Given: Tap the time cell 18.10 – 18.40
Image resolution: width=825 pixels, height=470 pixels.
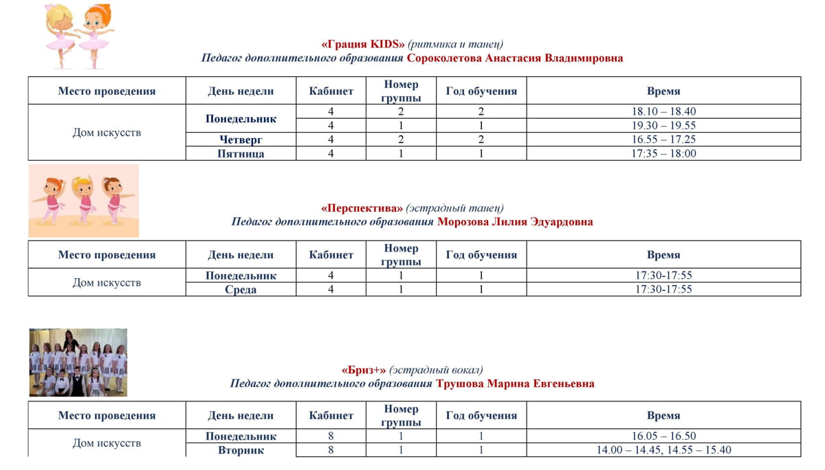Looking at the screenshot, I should (x=663, y=111).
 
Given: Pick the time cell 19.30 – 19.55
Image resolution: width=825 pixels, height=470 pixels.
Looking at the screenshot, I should (x=663, y=126).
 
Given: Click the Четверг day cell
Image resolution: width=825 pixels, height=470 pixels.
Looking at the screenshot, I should (x=241, y=139).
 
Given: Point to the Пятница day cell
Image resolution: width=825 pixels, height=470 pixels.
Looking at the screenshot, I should (x=241, y=154).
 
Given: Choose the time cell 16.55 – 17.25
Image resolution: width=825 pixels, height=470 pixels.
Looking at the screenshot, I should (x=663, y=139).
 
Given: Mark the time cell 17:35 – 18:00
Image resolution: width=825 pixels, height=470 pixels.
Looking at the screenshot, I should (x=663, y=154).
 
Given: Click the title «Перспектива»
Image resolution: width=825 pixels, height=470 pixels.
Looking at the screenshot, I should (x=362, y=208).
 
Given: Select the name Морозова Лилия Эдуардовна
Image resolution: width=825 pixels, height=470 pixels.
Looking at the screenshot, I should (x=515, y=222).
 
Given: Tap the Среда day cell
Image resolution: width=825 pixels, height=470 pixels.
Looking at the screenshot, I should (x=241, y=290).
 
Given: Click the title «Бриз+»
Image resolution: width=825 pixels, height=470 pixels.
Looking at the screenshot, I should (x=364, y=370).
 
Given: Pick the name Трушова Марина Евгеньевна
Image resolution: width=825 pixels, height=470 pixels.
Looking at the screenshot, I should (x=515, y=383).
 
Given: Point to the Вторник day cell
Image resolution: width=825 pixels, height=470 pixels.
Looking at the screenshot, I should (x=241, y=451).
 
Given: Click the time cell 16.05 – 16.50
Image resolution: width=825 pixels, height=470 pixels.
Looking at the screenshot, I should (x=663, y=436).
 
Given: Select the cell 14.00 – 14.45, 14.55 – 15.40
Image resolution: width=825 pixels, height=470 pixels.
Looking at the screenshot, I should (x=663, y=451).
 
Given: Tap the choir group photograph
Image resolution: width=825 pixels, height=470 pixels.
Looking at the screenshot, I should (x=78, y=363).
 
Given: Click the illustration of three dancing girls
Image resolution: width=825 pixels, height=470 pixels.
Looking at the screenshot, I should (x=83, y=201).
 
